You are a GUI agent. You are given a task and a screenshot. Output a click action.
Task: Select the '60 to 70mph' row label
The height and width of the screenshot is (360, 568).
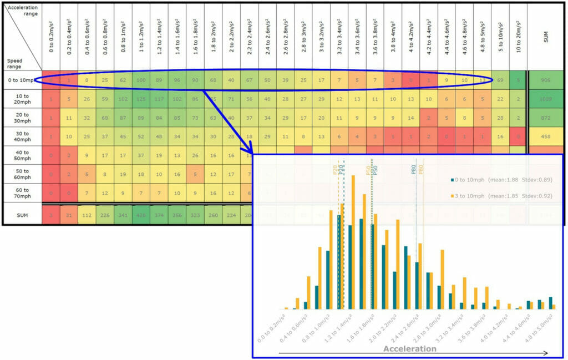click(21, 193)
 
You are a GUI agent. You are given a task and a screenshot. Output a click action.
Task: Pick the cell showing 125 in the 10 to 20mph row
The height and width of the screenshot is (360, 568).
click(141, 99)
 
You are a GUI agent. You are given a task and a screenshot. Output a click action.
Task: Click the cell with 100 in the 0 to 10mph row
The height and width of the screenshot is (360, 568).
click(141, 80)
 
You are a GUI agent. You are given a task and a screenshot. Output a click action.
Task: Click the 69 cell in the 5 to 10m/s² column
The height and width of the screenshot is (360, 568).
click(500, 80)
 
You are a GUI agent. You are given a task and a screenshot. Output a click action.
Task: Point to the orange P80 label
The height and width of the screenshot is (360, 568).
click(421, 170)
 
